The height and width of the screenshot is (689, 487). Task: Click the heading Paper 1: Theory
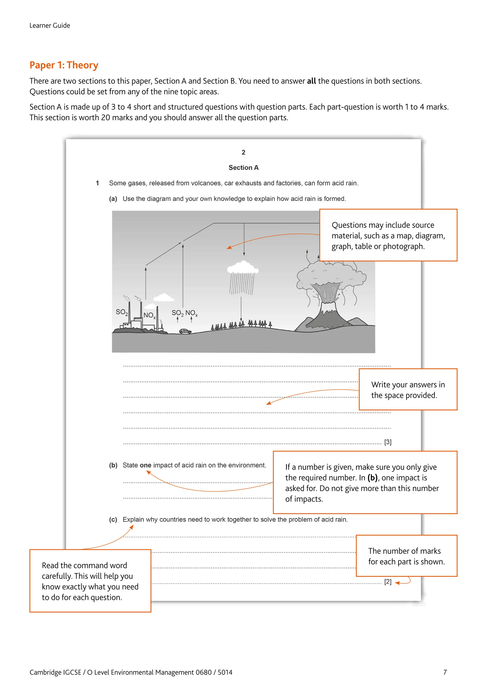tap(64, 65)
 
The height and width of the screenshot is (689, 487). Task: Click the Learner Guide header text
tap(50, 25)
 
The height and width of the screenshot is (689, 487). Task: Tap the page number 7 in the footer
tap(445, 672)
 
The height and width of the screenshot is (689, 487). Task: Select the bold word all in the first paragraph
tap(311, 81)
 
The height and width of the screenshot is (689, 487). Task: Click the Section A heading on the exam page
tap(243, 167)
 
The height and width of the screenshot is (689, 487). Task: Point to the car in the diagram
tap(185, 331)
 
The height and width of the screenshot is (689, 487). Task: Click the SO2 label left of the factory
tap(122, 312)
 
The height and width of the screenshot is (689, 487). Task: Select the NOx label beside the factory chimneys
tap(149, 315)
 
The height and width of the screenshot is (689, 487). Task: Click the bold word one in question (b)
tap(146, 465)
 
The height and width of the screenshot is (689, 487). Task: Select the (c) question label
tap(113, 519)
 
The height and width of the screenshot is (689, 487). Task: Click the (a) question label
tap(113, 199)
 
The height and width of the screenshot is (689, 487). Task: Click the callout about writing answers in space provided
tap(408, 389)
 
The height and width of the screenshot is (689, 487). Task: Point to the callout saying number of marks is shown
tap(406, 556)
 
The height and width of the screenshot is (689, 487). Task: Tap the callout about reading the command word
tap(90, 581)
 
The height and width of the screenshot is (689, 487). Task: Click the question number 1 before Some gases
tap(97, 183)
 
